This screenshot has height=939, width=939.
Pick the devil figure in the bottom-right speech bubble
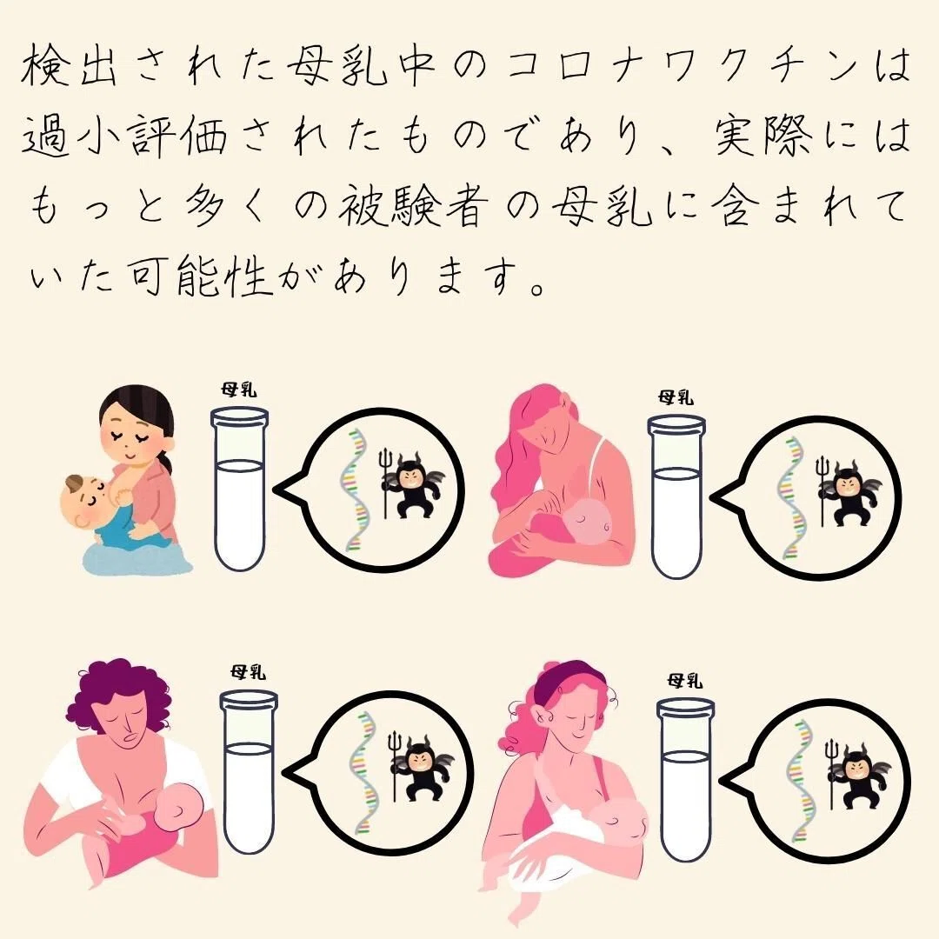click(x=857, y=775)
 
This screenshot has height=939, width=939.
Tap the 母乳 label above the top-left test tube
click(x=239, y=390)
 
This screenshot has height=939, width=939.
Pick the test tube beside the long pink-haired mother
click(x=676, y=497)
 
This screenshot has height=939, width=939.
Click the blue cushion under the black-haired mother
click(x=135, y=558)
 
